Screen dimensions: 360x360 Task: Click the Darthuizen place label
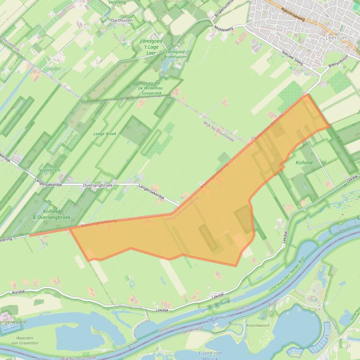point(122,21)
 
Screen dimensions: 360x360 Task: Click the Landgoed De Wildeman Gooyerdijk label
point(151,88)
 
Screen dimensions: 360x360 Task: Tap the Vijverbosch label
point(50,170)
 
